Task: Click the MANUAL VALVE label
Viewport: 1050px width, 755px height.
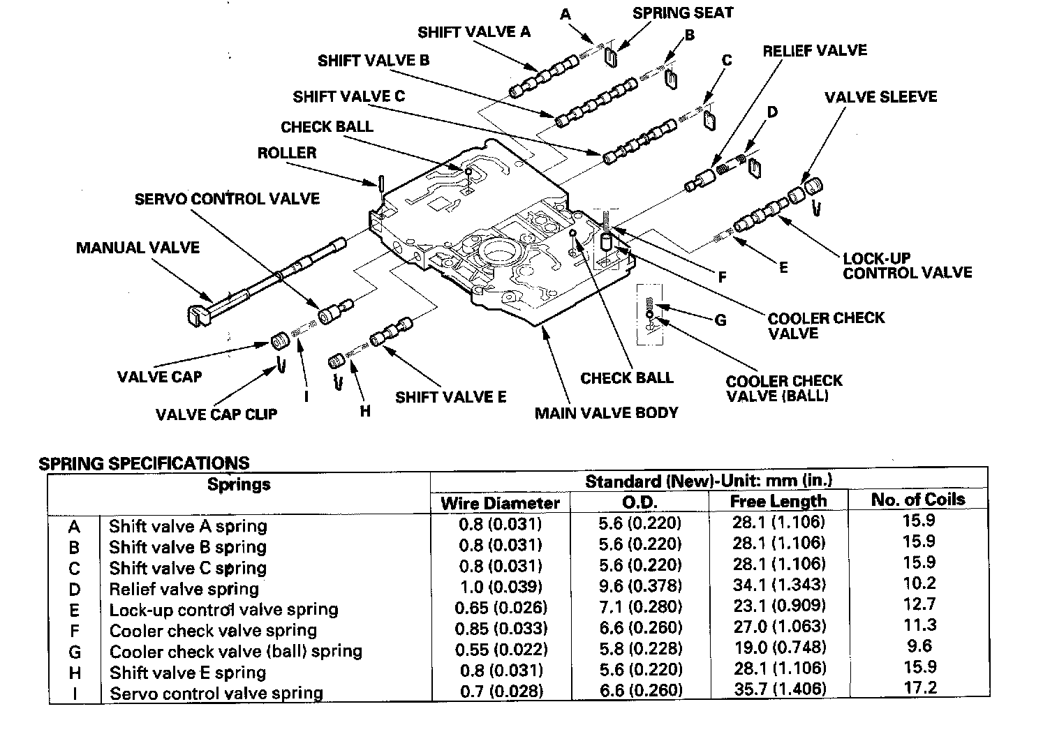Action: point(138,248)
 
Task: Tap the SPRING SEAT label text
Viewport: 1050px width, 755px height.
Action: point(683,13)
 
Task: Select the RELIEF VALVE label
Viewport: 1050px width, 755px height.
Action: point(814,51)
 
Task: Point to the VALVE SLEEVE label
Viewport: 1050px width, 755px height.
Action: point(880,97)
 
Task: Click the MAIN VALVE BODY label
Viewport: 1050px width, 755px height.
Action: point(606,413)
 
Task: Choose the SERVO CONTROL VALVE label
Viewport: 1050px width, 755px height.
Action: point(227,199)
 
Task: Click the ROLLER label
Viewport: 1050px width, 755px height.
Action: point(286,153)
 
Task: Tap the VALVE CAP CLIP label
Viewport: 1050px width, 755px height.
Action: point(216,414)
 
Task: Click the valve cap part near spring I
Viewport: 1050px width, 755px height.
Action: point(281,342)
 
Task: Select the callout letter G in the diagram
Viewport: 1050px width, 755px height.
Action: point(720,320)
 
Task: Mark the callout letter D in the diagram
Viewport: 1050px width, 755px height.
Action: point(771,112)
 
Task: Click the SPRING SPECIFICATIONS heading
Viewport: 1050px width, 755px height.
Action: point(144,463)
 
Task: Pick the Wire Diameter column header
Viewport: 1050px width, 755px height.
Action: point(500,503)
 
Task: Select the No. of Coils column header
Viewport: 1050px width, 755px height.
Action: point(918,500)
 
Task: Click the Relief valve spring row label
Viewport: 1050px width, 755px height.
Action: point(184,589)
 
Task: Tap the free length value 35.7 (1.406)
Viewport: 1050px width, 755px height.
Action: point(780,689)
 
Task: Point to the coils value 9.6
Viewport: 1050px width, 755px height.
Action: point(919,646)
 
